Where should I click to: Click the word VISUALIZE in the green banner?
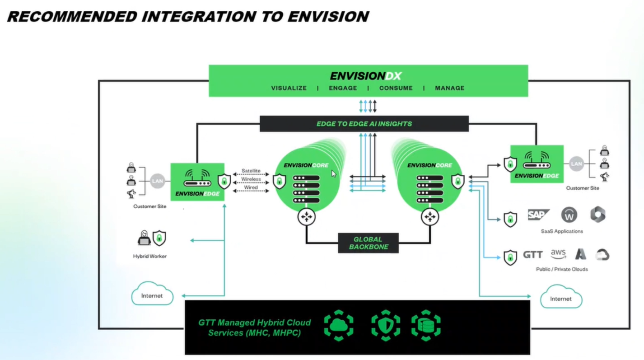point(289,88)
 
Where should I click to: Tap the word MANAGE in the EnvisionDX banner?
point(449,88)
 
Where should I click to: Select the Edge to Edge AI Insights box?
point(364,124)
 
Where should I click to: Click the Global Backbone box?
point(369,243)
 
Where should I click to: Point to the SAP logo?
point(538,215)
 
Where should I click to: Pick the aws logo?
point(558,254)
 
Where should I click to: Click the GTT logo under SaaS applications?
point(533,255)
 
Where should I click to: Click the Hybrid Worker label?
point(150,256)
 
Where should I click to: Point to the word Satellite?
point(251,171)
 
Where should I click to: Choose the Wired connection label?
point(251,187)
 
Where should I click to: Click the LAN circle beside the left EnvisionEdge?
point(158,181)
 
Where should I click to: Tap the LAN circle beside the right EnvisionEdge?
point(576,164)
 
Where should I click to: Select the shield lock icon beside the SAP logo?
point(510,219)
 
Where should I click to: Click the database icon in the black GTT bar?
point(426,325)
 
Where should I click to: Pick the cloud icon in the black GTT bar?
point(339,325)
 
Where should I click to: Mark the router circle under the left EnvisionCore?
point(306,217)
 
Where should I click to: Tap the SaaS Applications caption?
point(562,231)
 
